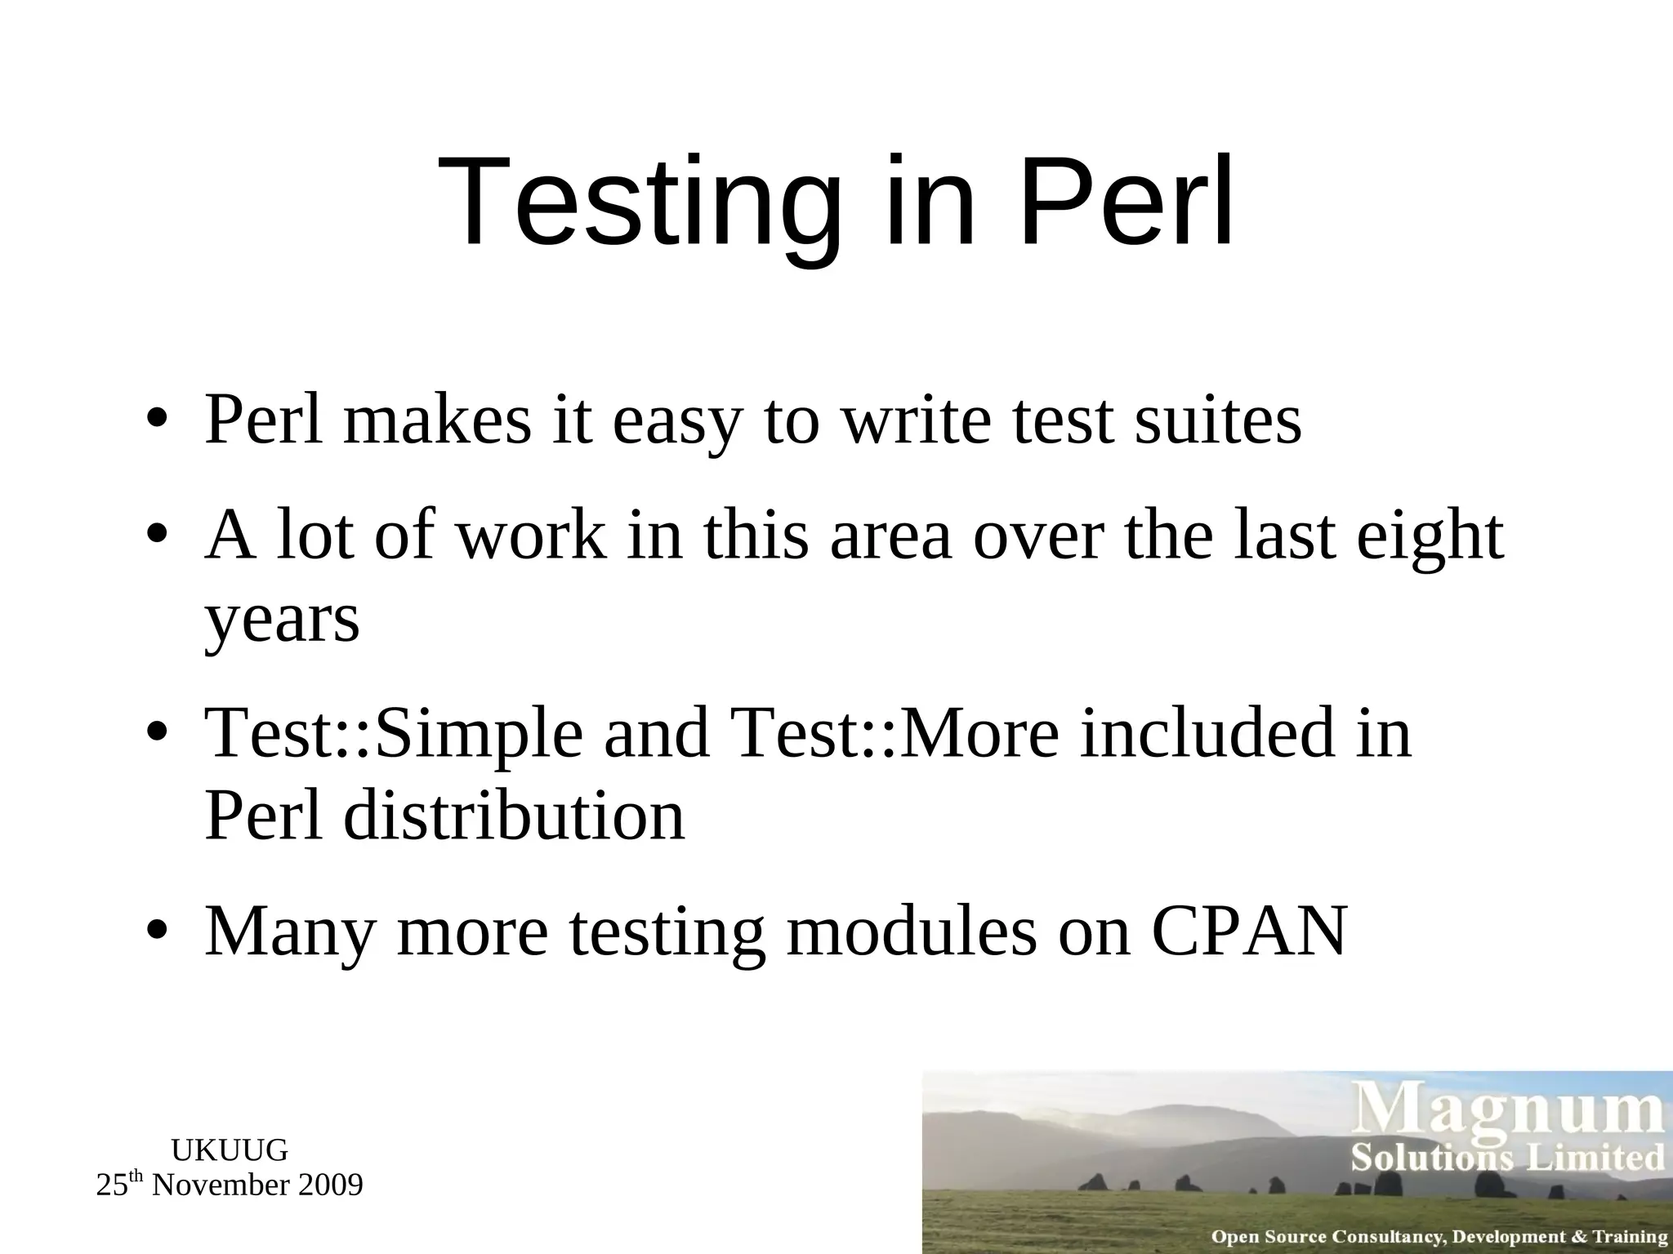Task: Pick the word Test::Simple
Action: (x=394, y=735)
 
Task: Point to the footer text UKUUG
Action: (x=230, y=1150)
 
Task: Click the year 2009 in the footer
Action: (x=330, y=1185)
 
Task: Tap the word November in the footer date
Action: (x=221, y=1185)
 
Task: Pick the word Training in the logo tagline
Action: (x=1630, y=1237)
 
